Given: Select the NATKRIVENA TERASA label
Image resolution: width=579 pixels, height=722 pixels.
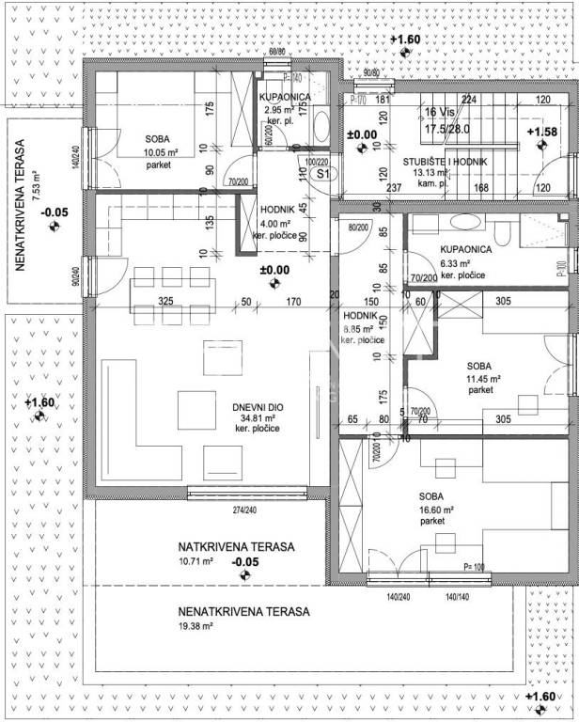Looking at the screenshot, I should point(237,547).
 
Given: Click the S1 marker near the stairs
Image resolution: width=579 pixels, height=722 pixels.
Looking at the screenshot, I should point(322,174).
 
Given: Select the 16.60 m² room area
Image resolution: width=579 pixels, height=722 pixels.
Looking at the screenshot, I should point(436,509).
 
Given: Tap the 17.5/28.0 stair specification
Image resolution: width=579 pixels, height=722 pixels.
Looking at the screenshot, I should point(446,129).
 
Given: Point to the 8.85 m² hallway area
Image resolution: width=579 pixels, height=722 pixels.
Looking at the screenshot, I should point(357,329).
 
